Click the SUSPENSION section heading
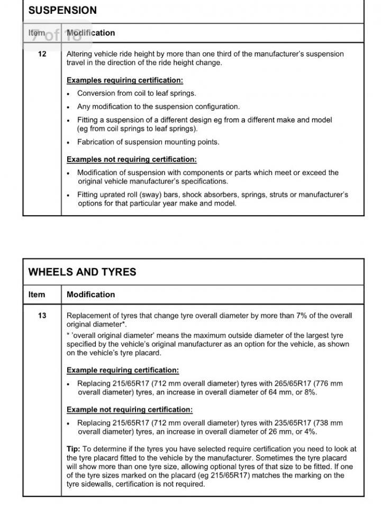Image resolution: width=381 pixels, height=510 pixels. [62, 10]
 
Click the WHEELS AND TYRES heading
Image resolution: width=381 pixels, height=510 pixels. [82, 272]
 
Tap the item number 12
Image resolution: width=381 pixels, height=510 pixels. [42, 54]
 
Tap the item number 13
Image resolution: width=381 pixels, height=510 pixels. [42, 316]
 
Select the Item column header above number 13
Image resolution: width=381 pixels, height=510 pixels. [37, 294]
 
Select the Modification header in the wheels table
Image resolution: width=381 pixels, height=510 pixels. [90, 294]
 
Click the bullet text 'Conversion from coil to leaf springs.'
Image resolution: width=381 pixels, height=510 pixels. [136, 93]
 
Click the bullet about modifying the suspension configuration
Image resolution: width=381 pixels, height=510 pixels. [158, 106]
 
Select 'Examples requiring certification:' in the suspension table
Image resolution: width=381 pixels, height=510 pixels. [125, 80]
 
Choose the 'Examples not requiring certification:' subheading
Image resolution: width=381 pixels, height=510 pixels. [131, 159]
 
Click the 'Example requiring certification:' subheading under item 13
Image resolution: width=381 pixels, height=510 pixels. [123, 370]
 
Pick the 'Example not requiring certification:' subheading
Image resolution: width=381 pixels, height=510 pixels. [129, 409]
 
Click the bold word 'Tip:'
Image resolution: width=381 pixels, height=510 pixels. [74, 449]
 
